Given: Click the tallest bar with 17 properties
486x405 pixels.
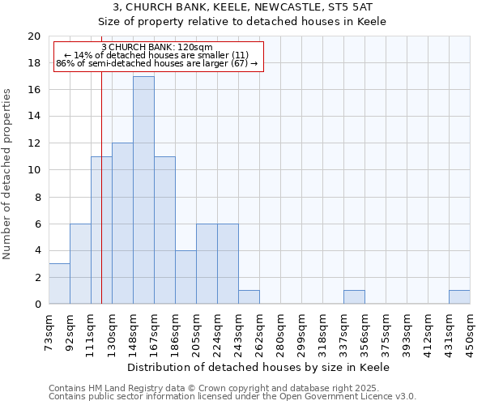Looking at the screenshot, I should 143,190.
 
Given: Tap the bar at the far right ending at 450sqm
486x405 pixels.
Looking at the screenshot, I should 459,297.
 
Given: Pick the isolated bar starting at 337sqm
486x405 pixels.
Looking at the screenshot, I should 354,297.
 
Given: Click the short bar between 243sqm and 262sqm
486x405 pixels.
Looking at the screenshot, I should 249,297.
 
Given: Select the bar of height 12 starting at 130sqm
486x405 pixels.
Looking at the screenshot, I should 122,224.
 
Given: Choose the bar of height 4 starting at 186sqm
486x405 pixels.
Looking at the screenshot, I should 185,277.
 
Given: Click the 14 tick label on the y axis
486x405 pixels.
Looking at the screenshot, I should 34,117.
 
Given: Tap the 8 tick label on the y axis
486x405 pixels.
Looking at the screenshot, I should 37,197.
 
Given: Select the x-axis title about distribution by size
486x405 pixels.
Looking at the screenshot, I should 259,367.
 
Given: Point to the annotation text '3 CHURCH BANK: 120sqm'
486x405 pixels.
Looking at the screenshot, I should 158,47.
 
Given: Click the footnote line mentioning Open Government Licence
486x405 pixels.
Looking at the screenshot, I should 232,397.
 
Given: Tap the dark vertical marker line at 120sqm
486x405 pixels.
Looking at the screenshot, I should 101,202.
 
